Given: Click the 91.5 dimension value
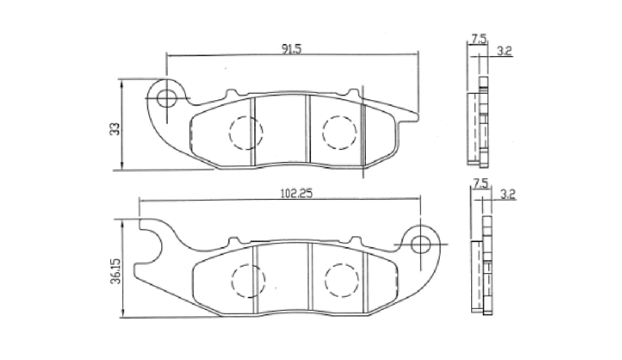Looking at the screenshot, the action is click(291, 49).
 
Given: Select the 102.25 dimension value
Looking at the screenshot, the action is click(296, 193).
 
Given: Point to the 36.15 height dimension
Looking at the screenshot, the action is click(116, 271).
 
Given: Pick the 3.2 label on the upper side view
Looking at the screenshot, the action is click(504, 51).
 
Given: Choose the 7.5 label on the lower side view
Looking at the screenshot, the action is click(481, 183).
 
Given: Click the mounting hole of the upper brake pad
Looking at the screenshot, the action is click(167, 98).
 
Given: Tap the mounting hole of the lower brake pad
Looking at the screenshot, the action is click(420, 244).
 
